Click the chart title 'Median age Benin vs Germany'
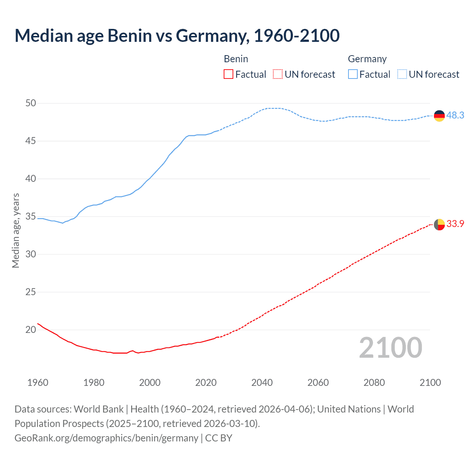coord(177,36)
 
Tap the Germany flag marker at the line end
coord(439,116)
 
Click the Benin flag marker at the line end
coord(439,224)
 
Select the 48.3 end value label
coord(455,116)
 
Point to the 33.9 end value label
coord(455,224)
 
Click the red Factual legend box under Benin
coord(228,74)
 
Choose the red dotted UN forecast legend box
coord(278,74)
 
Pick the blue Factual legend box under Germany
coord(353,74)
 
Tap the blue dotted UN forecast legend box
coord(402,74)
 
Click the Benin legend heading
coord(236,59)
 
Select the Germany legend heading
coord(367,59)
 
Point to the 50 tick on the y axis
coord(31,103)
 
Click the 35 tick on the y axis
coord(31,217)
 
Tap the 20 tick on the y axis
coord(31,330)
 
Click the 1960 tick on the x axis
coord(38,383)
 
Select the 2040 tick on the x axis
coord(262,383)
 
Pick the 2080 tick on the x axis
coord(374,383)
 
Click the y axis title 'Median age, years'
coord(16,230)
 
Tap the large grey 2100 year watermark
coord(390,348)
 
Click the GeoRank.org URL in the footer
coord(106,438)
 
